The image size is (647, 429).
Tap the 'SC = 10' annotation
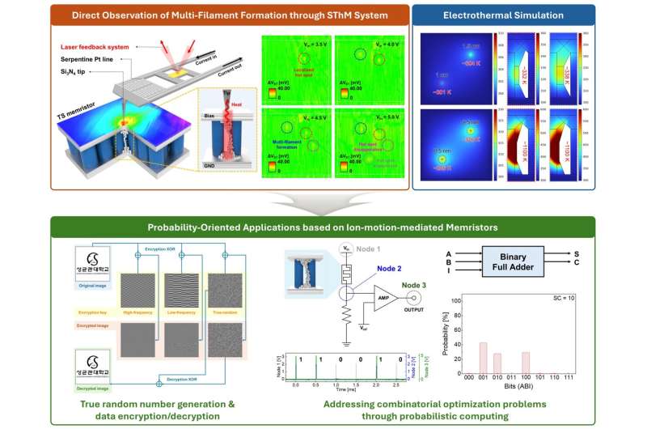coord(563,299)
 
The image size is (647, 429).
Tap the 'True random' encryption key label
coord(226,309)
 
